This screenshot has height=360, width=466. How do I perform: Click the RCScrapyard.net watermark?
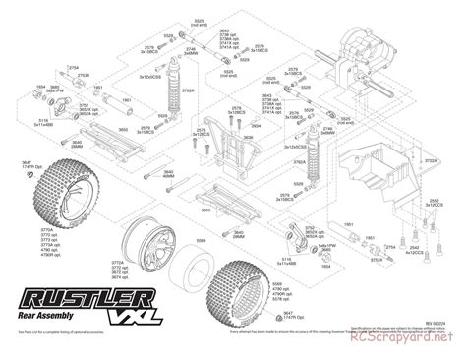point(412,349)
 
